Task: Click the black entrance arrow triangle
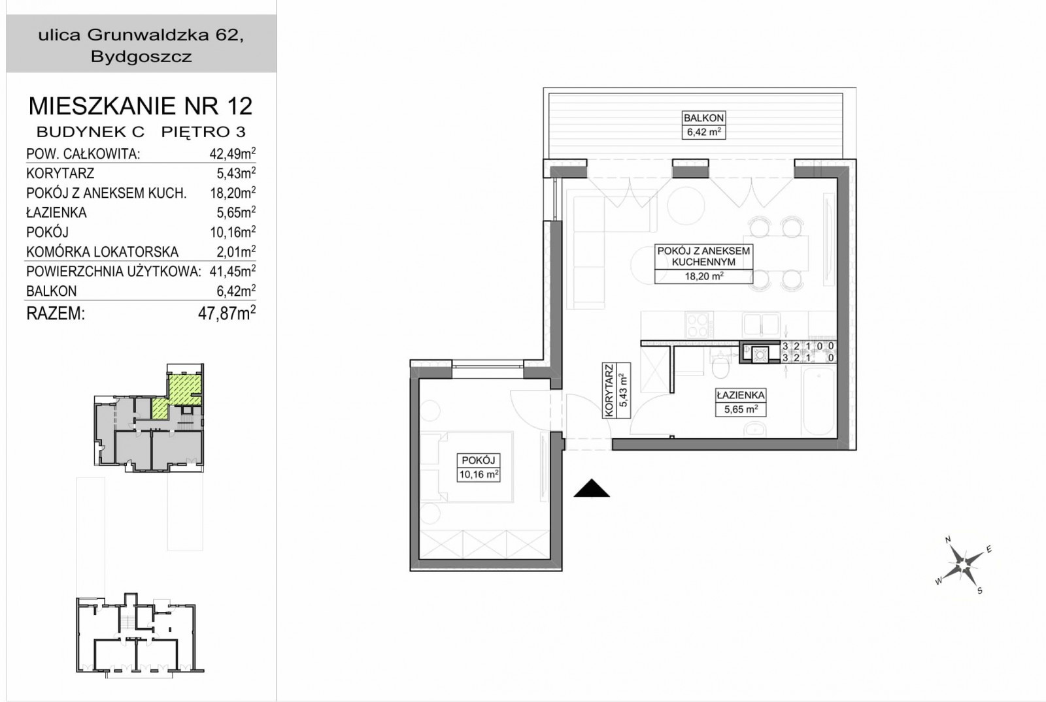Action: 592,488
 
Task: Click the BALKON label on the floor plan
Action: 703,118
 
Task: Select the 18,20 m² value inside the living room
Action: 703,276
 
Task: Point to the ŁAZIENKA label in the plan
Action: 741,395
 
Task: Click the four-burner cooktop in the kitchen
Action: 700,325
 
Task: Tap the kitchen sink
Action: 761,324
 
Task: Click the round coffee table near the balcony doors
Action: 686,205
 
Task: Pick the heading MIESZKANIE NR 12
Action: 141,106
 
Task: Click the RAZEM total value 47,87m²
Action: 227,313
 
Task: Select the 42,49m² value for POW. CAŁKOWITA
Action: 233,153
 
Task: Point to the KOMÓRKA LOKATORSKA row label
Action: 102,252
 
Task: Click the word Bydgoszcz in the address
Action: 141,56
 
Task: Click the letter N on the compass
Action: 948,540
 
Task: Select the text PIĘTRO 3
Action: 203,132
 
